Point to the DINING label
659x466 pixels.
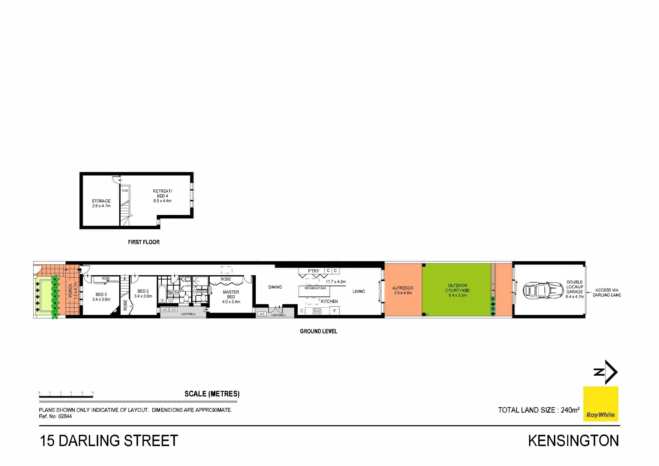[275, 287]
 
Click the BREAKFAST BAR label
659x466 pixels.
[315, 288]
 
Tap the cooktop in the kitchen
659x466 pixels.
[317, 311]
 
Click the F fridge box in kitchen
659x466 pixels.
[335, 311]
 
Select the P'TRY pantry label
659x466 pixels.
[313, 271]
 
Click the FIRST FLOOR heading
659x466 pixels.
[144, 242]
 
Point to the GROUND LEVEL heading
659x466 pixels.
[319, 331]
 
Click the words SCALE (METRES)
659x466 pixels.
[212, 394]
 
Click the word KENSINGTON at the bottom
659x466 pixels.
[574, 441]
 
